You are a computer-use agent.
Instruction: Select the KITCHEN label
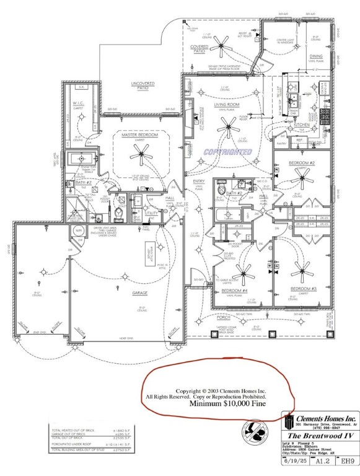pos(302,125)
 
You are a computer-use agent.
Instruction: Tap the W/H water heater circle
pos(79,230)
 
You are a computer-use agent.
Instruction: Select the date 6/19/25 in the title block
pos(294,461)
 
